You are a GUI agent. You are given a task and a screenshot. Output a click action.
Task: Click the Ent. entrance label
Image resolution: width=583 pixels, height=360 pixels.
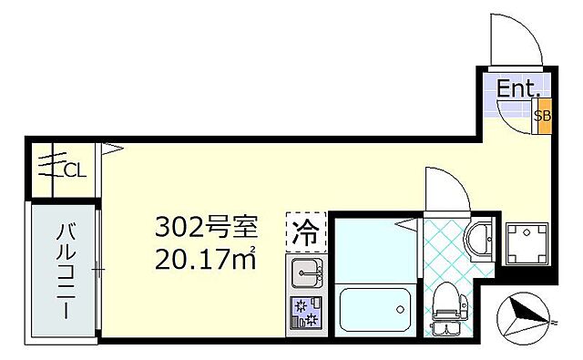(x=519, y=89)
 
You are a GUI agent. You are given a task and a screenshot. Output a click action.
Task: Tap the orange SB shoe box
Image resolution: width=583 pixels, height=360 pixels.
(x=542, y=116)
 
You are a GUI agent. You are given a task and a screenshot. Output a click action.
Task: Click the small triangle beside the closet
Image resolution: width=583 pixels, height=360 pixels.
(x=111, y=147)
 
